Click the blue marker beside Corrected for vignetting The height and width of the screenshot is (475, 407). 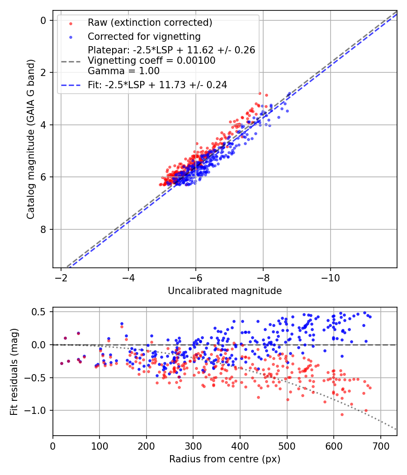[71, 37]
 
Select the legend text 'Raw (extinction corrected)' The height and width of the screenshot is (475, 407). [150, 23]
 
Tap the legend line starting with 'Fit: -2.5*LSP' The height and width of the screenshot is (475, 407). [157, 85]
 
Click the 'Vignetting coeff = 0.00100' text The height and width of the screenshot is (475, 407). [151, 61]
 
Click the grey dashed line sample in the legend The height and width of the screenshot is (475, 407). [71, 61]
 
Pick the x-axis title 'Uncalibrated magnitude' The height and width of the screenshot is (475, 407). [225, 291]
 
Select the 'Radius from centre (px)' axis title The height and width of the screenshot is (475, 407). [225, 459]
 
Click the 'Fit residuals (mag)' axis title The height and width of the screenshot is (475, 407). [14, 371]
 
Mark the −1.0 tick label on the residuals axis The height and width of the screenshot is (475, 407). [38, 411]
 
